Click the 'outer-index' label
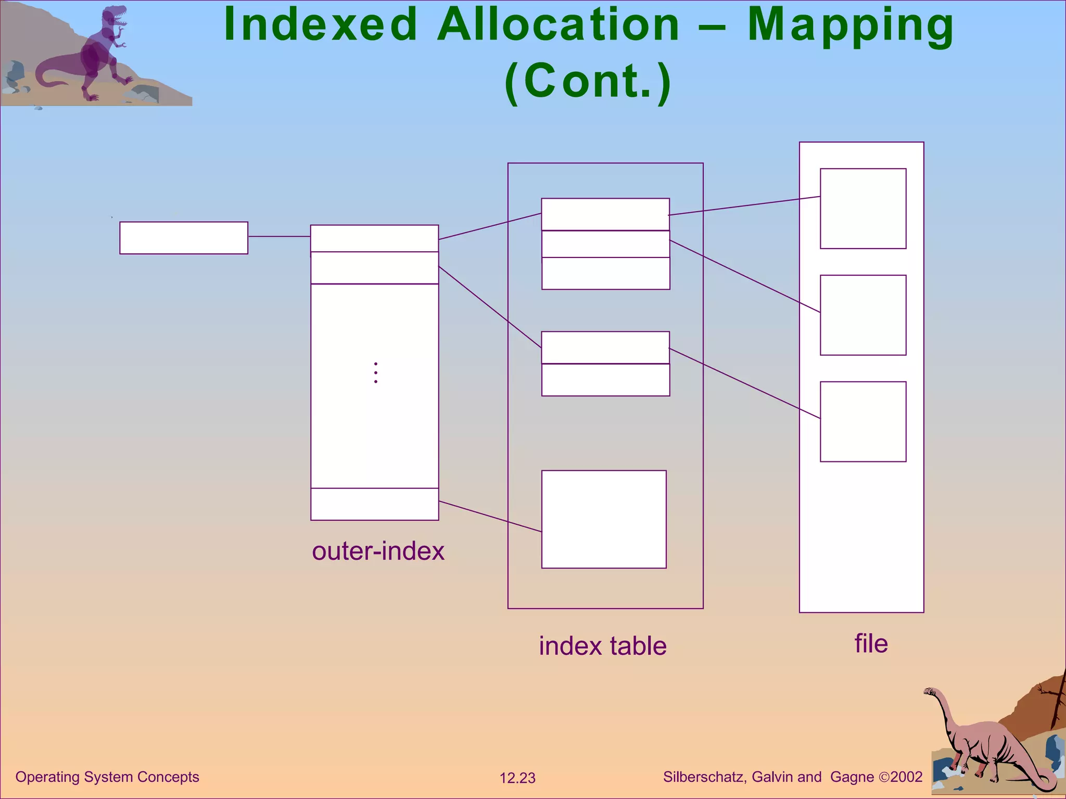(378, 551)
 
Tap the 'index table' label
(603, 646)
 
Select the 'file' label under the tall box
(871, 643)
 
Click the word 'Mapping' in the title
(851, 26)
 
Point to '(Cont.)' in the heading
(588, 81)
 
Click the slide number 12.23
(517, 778)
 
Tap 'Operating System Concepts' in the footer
(107, 777)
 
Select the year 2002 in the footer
(906, 777)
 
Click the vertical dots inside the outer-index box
(376, 372)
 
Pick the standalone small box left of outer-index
(184, 238)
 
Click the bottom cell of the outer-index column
(375, 504)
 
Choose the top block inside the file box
(863, 209)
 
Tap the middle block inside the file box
(863, 315)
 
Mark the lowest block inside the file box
(863, 422)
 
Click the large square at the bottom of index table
(604, 519)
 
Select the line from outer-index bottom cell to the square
(489, 516)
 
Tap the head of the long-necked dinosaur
(929, 692)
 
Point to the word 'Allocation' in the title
(558, 26)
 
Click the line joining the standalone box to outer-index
(279, 237)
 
